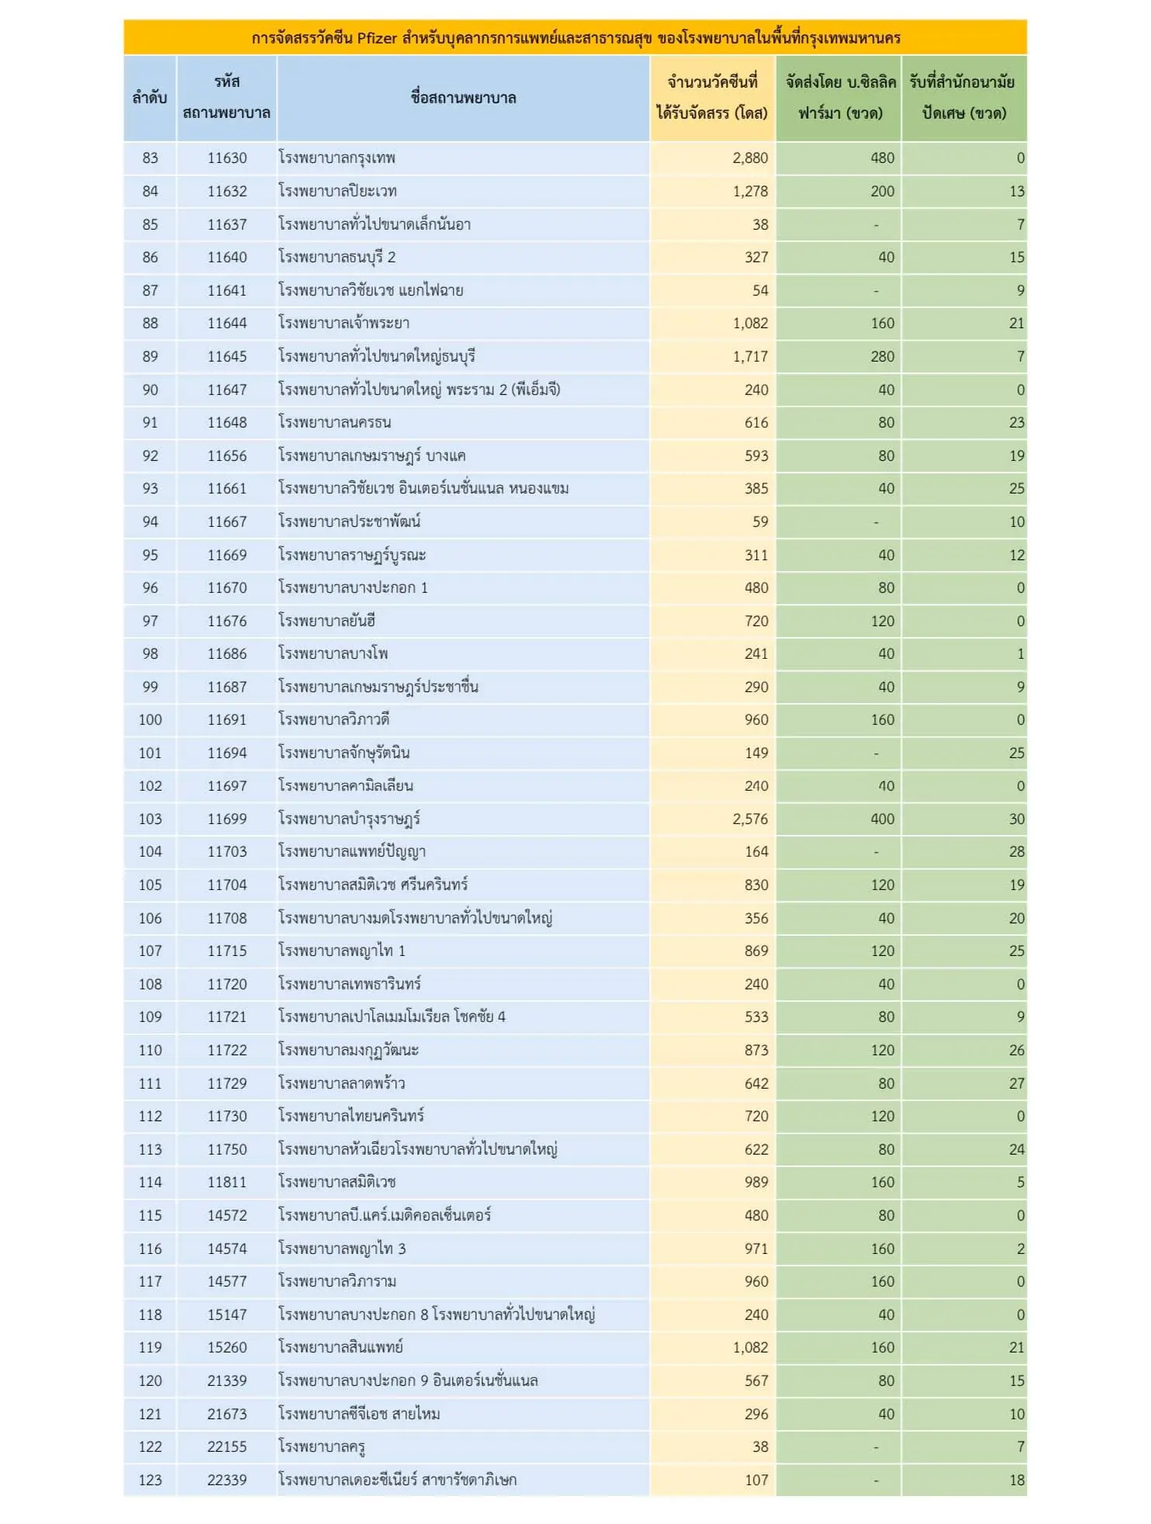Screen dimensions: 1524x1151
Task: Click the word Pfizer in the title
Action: (x=377, y=38)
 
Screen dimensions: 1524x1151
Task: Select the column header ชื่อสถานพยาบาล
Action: (x=463, y=98)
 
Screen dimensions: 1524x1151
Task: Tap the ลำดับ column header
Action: (x=150, y=98)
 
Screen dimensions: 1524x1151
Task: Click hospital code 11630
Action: (x=226, y=158)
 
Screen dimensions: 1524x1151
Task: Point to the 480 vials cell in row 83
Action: (x=882, y=158)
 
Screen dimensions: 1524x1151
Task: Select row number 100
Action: (x=150, y=720)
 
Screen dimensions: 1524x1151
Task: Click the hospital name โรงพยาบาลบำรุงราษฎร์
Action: (x=349, y=819)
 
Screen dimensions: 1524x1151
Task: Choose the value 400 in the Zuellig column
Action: (x=882, y=819)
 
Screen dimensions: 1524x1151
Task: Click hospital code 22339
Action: (x=226, y=1481)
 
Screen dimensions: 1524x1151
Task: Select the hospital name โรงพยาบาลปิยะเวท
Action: (x=337, y=192)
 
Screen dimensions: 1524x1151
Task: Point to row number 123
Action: (x=150, y=1481)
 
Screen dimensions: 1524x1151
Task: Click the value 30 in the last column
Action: (x=1016, y=819)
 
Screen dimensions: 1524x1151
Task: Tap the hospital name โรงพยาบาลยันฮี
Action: (x=327, y=622)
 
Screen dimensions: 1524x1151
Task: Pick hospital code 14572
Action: (x=226, y=1216)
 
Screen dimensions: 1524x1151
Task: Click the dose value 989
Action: (x=755, y=1183)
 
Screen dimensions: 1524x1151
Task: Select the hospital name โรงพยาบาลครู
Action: (x=322, y=1447)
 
